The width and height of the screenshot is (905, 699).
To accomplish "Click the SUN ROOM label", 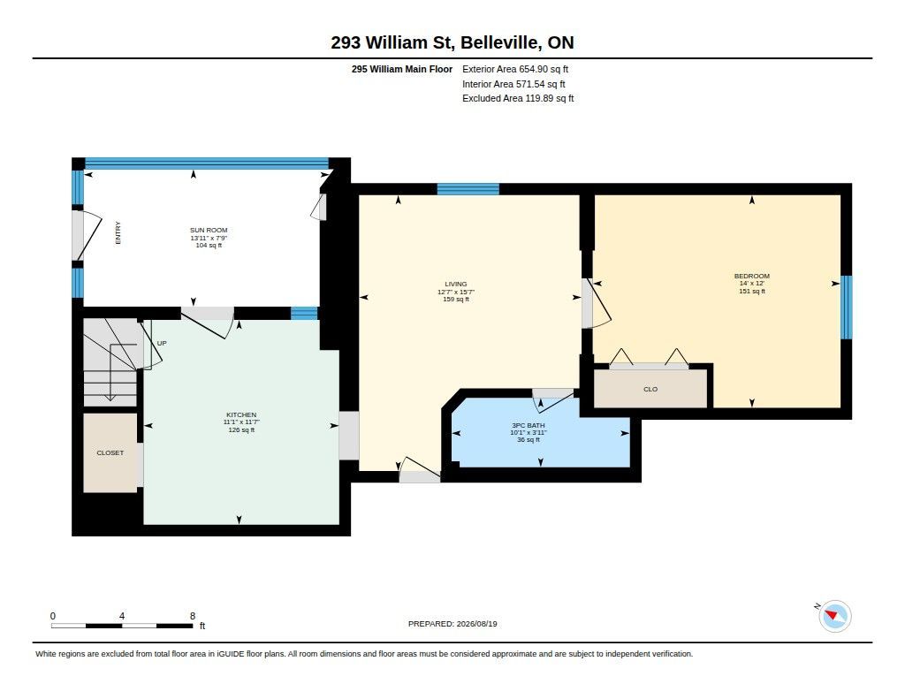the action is click(x=209, y=230).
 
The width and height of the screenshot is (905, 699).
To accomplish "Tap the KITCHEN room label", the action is click(x=241, y=414).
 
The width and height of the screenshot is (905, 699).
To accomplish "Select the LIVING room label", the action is click(x=456, y=284).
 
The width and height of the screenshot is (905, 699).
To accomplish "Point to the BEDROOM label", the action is click(x=751, y=276).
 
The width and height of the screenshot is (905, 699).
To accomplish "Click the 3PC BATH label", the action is click(x=529, y=425).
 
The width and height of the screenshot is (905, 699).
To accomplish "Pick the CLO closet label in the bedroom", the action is click(x=650, y=389).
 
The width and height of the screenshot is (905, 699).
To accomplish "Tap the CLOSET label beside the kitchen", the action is click(x=110, y=453).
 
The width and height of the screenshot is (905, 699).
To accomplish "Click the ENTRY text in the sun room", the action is click(x=118, y=232).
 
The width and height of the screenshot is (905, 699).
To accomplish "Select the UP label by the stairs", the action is click(x=162, y=343).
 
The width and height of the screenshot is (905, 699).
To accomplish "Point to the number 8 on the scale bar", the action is click(x=193, y=616).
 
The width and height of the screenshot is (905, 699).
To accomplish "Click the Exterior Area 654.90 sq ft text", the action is click(x=515, y=69).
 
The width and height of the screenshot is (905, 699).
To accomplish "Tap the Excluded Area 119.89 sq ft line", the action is click(x=518, y=99).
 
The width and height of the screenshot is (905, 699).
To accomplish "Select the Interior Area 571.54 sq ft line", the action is click(x=513, y=84).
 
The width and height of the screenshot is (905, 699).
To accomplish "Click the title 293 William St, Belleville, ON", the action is click(x=452, y=42).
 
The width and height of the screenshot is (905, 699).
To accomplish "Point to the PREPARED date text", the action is click(x=452, y=624).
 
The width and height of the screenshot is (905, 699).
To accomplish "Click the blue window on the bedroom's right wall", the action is click(x=846, y=307).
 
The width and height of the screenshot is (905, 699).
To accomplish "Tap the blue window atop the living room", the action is click(x=468, y=189).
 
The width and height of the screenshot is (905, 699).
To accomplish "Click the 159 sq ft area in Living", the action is click(x=456, y=299).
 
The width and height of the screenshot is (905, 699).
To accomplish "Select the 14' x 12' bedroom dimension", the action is click(x=752, y=284).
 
